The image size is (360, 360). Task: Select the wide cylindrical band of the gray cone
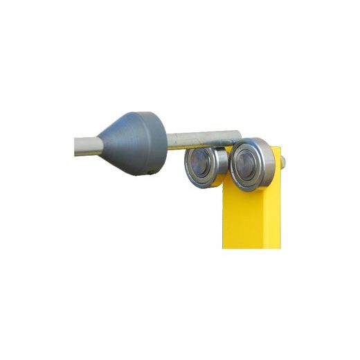click(153, 143)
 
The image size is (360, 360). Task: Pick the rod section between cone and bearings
click(201, 138)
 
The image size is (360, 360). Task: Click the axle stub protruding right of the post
click(282, 162)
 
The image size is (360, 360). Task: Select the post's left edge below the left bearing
click(224, 215)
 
